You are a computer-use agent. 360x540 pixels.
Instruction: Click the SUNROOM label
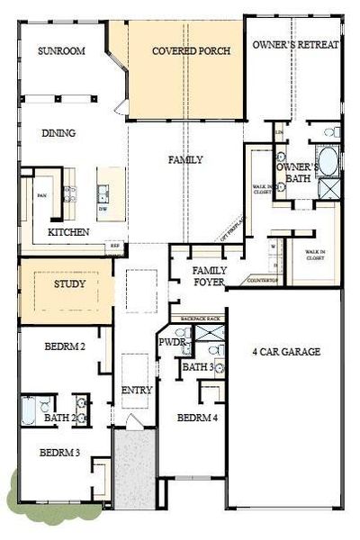click(x=61, y=51)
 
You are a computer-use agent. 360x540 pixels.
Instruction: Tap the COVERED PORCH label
click(x=191, y=51)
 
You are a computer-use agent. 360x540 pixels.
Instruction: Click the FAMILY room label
click(x=185, y=160)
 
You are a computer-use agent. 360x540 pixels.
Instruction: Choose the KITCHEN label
click(x=68, y=232)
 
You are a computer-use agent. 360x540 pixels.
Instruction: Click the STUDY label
click(x=69, y=284)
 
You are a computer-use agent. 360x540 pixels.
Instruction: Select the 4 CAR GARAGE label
click(x=287, y=352)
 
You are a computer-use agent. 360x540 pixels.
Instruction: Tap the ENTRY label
click(x=137, y=390)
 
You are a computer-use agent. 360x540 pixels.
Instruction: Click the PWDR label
click(x=171, y=343)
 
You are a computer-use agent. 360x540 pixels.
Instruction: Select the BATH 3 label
click(x=197, y=367)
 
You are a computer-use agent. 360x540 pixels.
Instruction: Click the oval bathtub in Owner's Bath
click(x=328, y=163)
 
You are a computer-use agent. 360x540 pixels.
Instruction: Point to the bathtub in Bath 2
click(x=28, y=410)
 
